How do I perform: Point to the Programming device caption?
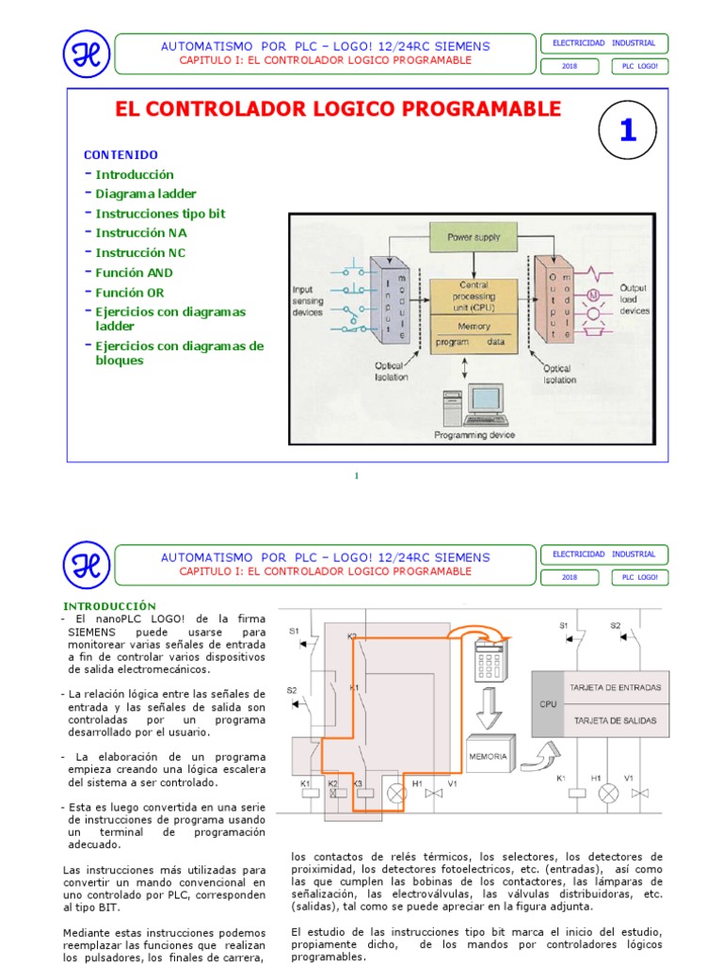tap(474, 435)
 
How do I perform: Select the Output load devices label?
tap(635, 299)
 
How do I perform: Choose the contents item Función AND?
tap(135, 273)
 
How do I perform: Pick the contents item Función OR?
tap(130, 293)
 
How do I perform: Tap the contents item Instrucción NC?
tap(140, 253)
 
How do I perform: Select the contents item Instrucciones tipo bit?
tap(160, 214)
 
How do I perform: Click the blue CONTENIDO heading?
tap(120, 154)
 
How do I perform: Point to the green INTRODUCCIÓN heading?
tap(109, 605)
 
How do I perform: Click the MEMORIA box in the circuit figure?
tap(488, 756)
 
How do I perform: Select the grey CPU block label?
tap(548, 703)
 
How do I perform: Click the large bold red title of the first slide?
tap(338, 109)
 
